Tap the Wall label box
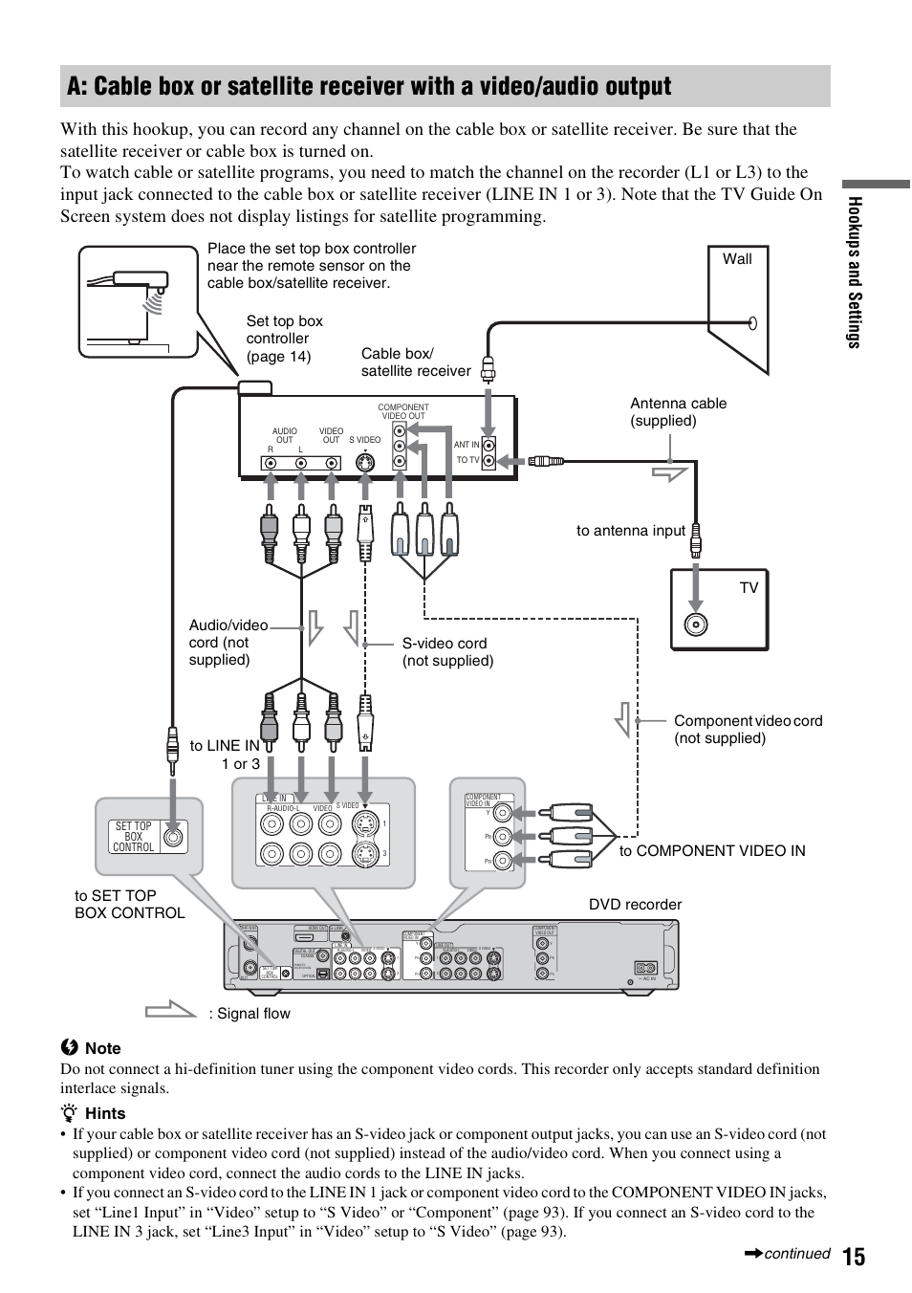coord(737,259)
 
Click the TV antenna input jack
coord(696,626)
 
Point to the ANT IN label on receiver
coord(467,445)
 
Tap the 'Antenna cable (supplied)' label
coord(678,412)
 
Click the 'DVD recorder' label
coord(635,905)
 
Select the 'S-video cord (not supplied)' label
coord(447,652)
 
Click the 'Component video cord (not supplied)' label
coord(748,730)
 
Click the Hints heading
coord(104,1113)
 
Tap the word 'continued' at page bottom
coord(796,1254)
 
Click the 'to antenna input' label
coord(630,531)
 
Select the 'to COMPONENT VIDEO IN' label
coord(711,851)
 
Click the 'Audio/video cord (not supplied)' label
coord(228,643)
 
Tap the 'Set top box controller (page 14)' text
coord(284,339)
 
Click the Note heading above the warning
coord(102,1048)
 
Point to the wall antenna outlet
coord(753,322)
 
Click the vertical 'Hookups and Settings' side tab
coord(854,273)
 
